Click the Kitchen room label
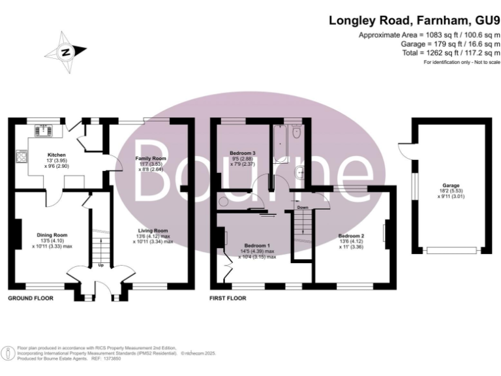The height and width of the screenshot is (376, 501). point(38,155)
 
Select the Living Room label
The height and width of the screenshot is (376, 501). point(153,230)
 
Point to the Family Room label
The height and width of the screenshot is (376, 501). point(151,159)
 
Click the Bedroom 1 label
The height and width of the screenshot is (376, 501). point(257,247)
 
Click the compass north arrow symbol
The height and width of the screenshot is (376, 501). point(65,52)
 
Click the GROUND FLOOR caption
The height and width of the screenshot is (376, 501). point(30,298)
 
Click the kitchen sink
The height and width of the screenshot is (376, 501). point(45,130)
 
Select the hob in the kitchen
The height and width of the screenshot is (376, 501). point(22,157)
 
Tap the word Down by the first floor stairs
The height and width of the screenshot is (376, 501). point(303,208)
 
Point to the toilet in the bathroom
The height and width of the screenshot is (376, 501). point(297,133)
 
